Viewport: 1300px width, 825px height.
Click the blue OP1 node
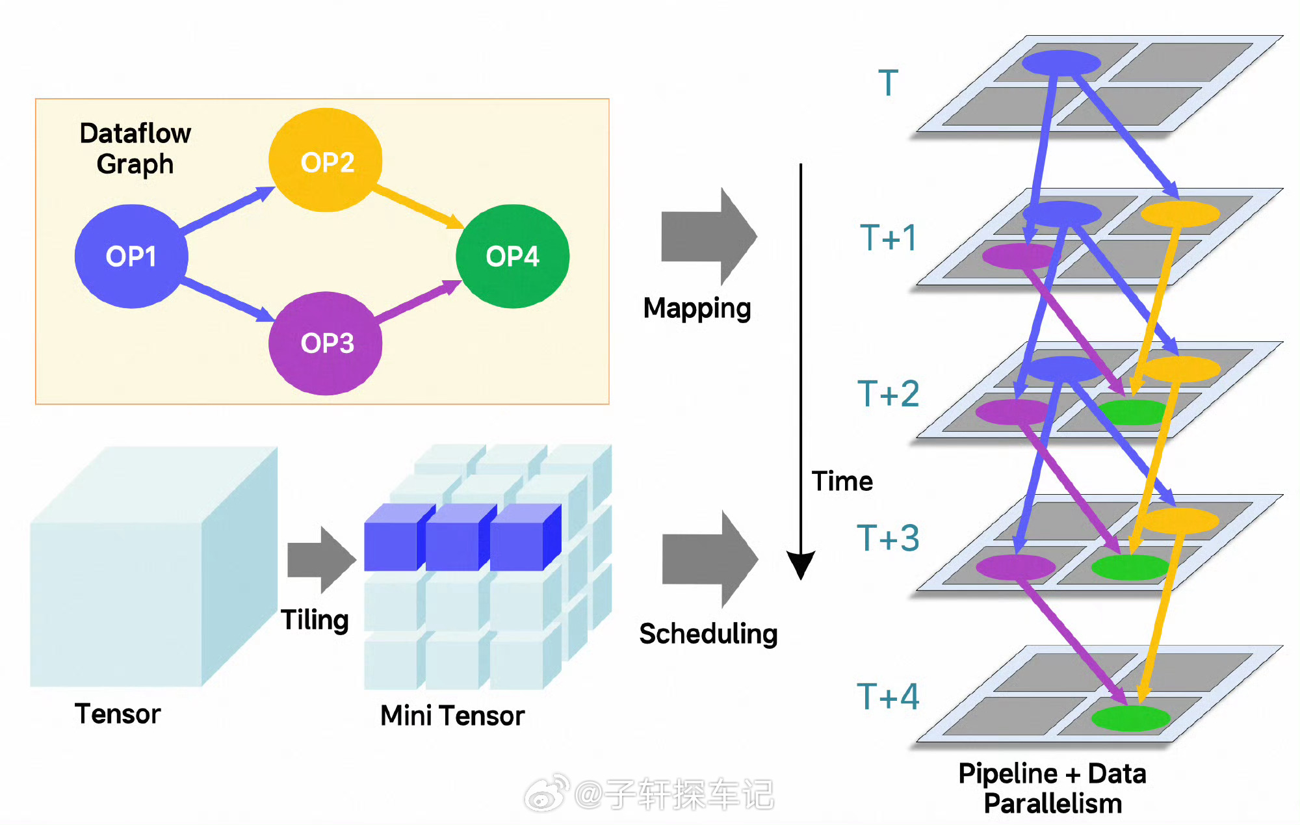pyautogui.click(x=131, y=256)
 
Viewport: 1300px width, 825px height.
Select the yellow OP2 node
pyautogui.click(x=326, y=161)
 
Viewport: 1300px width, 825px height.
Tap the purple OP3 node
pyautogui.click(x=326, y=343)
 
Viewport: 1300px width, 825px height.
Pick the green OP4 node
pyautogui.click(x=512, y=256)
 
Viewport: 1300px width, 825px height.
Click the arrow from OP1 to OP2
pyautogui.click(x=227, y=209)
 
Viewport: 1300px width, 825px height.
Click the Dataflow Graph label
pyautogui.click(x=135, y=148)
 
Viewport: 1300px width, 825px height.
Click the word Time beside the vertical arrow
pyautogui.click(x=842, y=482)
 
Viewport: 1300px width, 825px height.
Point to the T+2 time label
pyautogui.click(x=888, y=394)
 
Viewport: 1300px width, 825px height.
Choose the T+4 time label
pyautogui.click(x=888, y=696)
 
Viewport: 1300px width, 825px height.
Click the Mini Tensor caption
pyautogui.click(x=452, y=716)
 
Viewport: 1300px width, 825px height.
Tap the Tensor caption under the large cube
pyautogui.click(x=118, y=714)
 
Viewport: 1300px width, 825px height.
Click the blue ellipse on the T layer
pyautogui.click(x=1061, y=63)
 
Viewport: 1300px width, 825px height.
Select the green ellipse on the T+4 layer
pyautogui.click(x=1130, y=718)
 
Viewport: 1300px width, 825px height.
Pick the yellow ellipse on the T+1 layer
pyautogui.click(x=1180, y=213)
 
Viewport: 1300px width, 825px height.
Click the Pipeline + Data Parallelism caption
pyautogui.click(x=1052, y=789)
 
